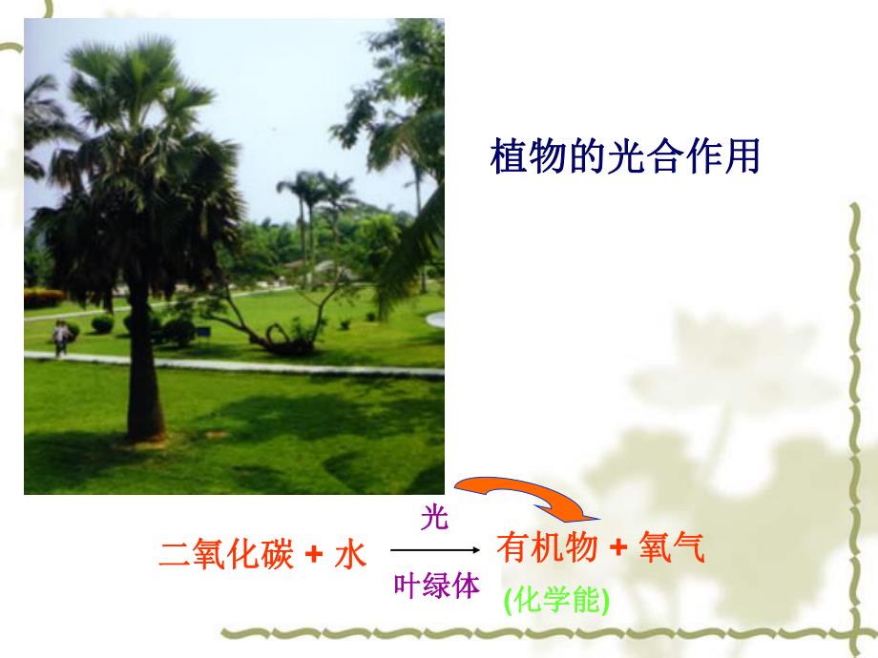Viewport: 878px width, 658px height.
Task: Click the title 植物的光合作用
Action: pos(624,156)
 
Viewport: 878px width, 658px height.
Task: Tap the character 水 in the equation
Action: pos(350,553)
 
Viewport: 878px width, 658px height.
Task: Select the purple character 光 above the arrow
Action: pos(434,519)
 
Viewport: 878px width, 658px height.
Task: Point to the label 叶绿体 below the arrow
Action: pos(436,586)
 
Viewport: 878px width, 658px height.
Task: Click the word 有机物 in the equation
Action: pos(547,548)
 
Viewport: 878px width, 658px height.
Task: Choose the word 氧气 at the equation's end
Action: pos(672,548)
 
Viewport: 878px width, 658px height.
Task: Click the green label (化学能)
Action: pos(554,600)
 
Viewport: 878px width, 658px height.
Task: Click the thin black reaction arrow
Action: pos(434,550)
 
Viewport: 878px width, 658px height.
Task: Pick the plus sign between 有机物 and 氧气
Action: pos(617,549)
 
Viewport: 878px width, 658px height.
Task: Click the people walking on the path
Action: pos(61,339)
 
